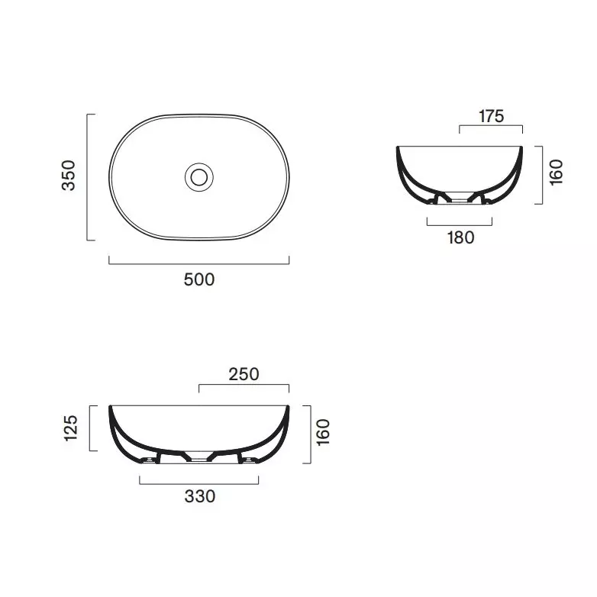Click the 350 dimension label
(69, 176)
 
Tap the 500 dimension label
(199, 280)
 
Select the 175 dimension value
(491, 117)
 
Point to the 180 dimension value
(460, 237)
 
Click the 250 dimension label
(244, 374)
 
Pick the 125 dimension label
(71, 428)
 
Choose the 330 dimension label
(200, 496)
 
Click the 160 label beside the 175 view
(557, 173)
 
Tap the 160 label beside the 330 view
(323, 432)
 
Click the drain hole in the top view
(199, 177)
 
